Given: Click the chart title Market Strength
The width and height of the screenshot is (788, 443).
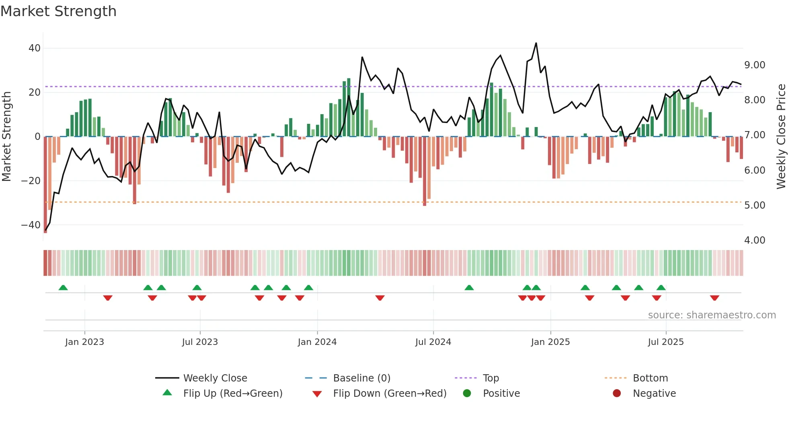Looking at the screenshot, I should (58, 11).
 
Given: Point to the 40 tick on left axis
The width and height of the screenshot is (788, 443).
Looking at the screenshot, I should (35, 48).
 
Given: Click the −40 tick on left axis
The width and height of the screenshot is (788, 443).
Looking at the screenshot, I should (31, 225).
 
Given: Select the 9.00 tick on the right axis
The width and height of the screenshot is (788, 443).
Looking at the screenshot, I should (755, 65).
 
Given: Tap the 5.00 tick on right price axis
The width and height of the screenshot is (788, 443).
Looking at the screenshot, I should (755, 205).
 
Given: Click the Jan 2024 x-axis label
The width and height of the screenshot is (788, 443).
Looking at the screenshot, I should (317, 342).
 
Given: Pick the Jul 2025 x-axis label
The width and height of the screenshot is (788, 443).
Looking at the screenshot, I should (665, 342).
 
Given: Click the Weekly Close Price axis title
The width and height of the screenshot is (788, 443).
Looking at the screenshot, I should (780, 137).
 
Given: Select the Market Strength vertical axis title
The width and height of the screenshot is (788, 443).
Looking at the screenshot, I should (7, 137).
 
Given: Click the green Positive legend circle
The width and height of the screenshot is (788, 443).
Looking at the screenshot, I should (467, 394).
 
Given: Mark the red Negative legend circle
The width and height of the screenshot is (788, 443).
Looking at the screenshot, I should (617, 394).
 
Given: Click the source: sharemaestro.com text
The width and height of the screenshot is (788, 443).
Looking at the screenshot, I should (712, 315).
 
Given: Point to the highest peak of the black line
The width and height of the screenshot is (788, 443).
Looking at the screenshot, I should (536, 43).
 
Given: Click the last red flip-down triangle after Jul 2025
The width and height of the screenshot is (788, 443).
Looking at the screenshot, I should (714, 298).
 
